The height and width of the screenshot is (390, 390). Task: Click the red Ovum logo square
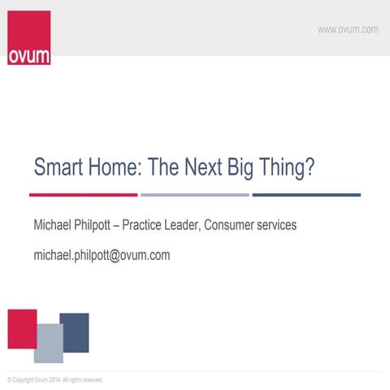(x=28, y=37)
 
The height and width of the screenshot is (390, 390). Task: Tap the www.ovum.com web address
(x=347, y=29)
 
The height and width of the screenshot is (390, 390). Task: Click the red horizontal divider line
(x=83, y=195)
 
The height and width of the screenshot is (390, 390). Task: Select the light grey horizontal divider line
(x=194, y=195)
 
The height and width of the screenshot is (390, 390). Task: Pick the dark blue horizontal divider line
(x=305, y=195)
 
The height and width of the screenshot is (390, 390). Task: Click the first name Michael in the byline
(x=54, y=224)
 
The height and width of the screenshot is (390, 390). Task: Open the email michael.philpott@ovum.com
(x=102, y=255)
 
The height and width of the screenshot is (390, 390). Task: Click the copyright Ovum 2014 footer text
(x=54, y=379)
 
